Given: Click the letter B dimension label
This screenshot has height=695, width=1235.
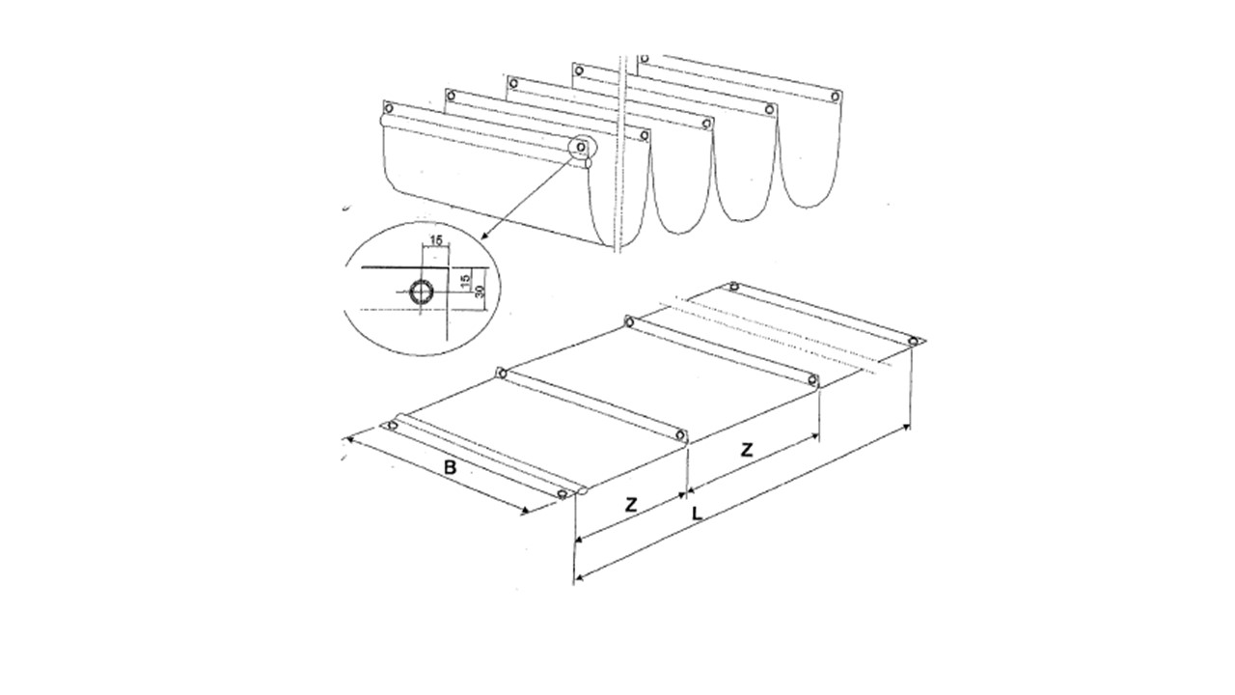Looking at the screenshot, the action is click(451, 468).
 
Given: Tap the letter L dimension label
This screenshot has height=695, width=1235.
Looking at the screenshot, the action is click(698, 514).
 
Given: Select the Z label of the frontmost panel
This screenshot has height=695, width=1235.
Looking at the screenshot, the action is click(631, 504).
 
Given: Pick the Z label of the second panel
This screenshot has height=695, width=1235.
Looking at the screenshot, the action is click(747, 450).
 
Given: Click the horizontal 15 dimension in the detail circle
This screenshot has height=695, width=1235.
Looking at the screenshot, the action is click(436, 240).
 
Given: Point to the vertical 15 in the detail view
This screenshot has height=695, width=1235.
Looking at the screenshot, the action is click(465, 280).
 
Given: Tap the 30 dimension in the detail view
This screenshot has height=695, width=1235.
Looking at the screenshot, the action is click(480, 292).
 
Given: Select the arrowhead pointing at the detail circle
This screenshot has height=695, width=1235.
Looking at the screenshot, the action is click(485, 236).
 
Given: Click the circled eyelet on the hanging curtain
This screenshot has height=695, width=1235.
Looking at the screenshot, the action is click(581, 148).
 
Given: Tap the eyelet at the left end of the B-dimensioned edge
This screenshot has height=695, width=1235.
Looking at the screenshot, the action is click(393, 426).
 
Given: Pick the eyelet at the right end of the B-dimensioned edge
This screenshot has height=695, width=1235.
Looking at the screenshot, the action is click(563, 493).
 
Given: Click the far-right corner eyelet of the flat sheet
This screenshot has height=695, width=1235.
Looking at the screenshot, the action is click(913, 342).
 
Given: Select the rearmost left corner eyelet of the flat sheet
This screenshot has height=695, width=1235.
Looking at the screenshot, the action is click(733, 287).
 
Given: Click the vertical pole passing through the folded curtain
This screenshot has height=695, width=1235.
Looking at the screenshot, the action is click(623, 154).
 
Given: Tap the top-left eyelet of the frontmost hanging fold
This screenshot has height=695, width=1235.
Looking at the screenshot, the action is click(388, 108).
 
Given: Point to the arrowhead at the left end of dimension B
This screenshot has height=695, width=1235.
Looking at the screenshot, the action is click(349, 439).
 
